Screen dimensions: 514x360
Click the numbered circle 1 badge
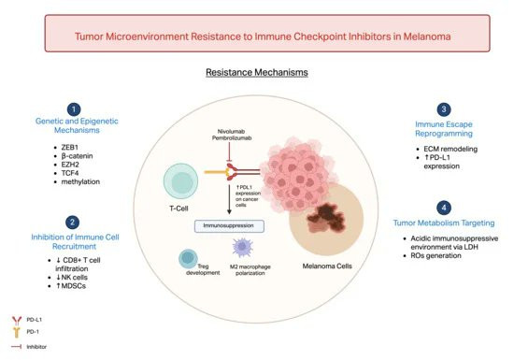pyautogui.click(x=74, y=109)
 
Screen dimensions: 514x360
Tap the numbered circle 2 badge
pyautogui.click(x=73, y=223)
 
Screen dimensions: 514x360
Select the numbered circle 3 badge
pyautogui.click(x=444, y=109)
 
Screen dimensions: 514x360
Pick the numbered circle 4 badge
pyautogui.click(x=444, y=208)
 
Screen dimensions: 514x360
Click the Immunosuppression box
pyautogui.click(x=229, y=226)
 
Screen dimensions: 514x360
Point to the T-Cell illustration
pyautogui.click(x=180, y=181)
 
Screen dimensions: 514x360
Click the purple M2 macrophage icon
pyautogui.click(x=243, y=247)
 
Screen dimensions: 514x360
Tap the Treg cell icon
pyautogui.click(x=188, y=258)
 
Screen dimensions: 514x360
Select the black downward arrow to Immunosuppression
pyautogui.click(x=230, y=199)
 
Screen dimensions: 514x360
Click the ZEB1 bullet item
pyautogui.click(x=69, y=147)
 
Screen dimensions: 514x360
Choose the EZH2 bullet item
pyautogui.click(x=70, y=165)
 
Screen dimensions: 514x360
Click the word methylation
pyautogui.click(x=80, y=181)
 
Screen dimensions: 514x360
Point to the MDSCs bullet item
pyautogui.click(x=71, y=286)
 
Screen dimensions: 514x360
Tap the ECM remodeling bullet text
pyautogui.click(x=450, y=149)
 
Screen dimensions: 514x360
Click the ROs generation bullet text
pyautogui.click(x=436, y=255)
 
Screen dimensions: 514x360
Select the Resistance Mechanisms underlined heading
pyautogui.click(x=257, y=72)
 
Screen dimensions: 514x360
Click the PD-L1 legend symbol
pyautogui.click(x=17, y=321)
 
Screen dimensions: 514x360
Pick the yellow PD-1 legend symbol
pyautogui.click(x=17, y=332)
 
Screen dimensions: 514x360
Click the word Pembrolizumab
pyautogui.click(x=232, y=138)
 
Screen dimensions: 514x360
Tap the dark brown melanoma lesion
pyautogui.click(x=326, y=217)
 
